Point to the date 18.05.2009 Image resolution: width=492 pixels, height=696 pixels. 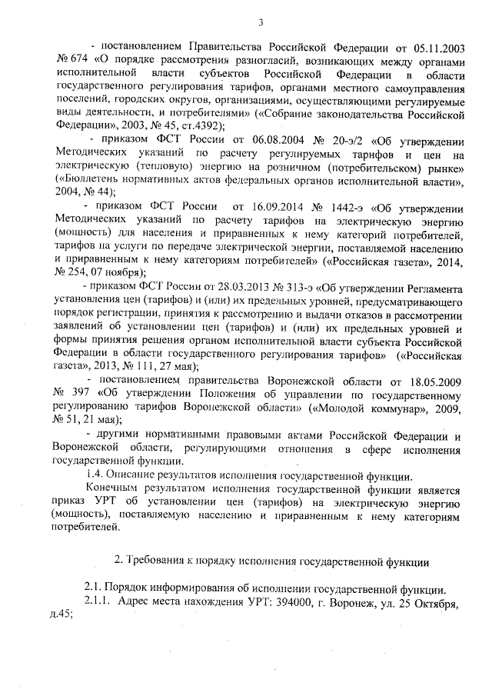point(431,381)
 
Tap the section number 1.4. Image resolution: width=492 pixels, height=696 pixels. point(95,475)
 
